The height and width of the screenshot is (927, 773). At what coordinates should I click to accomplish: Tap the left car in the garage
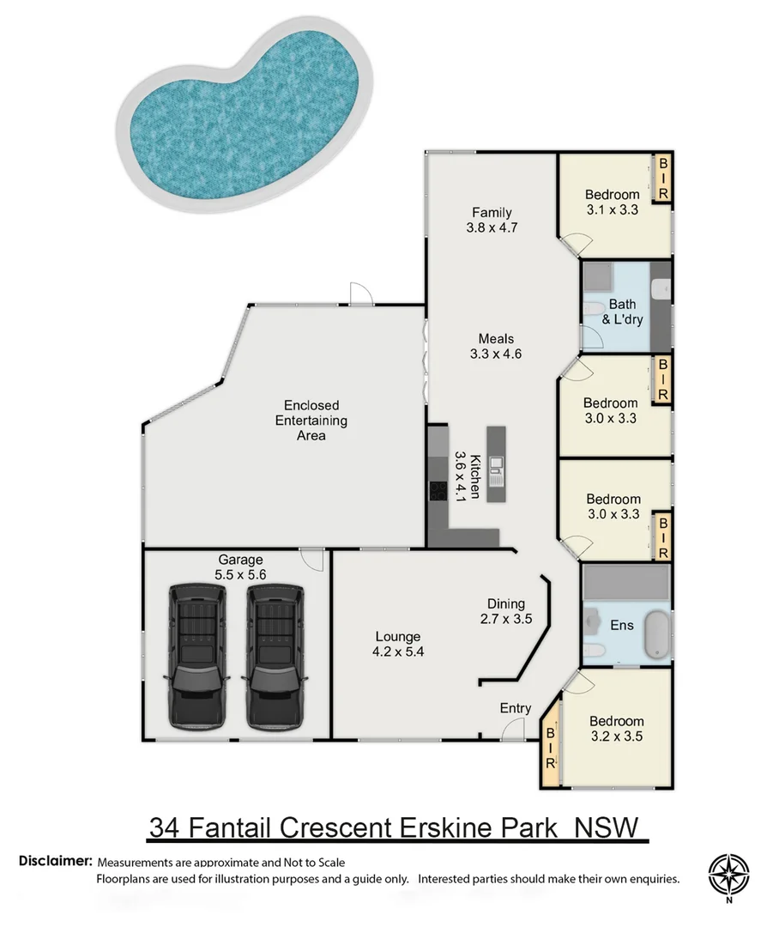(x=198, y=657)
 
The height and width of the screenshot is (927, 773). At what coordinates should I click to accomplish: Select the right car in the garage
(x=275, y=657)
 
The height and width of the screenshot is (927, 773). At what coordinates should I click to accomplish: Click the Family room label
(x=492, y=220)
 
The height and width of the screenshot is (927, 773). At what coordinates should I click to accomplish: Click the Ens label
(x=622, y=625)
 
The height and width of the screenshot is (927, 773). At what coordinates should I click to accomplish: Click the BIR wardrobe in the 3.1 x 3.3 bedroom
(x=662, y=178)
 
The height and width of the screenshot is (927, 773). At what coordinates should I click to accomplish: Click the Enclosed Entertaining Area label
(x=311, y=420)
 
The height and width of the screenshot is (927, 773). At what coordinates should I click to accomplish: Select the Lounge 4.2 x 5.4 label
(x=397, y=644)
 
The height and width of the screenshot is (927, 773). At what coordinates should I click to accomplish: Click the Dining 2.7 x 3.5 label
(x=505, y=610)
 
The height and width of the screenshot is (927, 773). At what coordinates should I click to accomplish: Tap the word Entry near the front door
(x=516, y=708)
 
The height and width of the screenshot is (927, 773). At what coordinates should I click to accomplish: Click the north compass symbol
(x=728, y=876)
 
